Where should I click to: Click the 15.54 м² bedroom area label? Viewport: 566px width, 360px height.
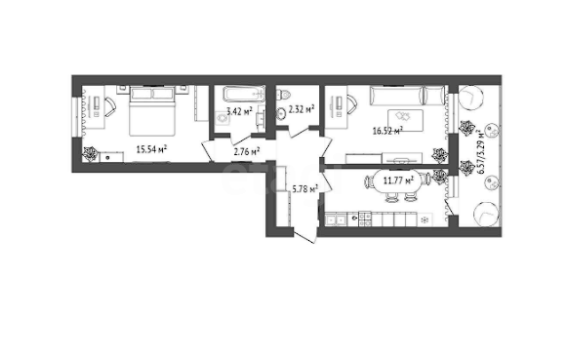(x=151, y=148)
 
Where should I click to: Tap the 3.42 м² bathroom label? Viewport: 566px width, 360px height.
(x=239, y=111)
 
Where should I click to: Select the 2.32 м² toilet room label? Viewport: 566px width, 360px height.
(x=302, y=108)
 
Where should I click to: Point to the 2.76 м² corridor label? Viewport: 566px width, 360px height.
(x=247, y=151)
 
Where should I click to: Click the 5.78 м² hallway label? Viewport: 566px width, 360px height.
(x=305, y=188)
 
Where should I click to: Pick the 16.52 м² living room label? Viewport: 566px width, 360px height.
(x=387, y=130)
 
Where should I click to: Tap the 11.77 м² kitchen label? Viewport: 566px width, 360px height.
(x=398, y=180)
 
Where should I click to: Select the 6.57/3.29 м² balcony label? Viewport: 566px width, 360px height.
(x=480, y=151)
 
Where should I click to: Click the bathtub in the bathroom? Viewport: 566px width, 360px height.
(x=244, y=94)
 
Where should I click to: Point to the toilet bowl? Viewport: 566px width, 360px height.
(x=283, y=95)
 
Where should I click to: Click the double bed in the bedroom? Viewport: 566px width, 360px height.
(x=152, y=110)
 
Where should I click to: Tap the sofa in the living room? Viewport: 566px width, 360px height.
(x=407, y=96)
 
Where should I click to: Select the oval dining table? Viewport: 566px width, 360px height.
(x=398, y=180)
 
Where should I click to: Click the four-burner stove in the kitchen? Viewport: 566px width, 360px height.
(x=365, y=220)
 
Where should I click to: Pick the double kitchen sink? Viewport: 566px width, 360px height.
(x=336, y=220)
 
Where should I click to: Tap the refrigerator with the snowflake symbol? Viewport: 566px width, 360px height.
(x=425, y=220)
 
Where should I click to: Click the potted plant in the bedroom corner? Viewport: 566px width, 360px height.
(x=90, y=154)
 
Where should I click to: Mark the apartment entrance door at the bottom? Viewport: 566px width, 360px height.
(x=305, y=236)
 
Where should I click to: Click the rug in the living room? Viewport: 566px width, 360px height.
(x=405, y=120)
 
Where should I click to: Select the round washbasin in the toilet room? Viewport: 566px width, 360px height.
(x=282, y=113)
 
